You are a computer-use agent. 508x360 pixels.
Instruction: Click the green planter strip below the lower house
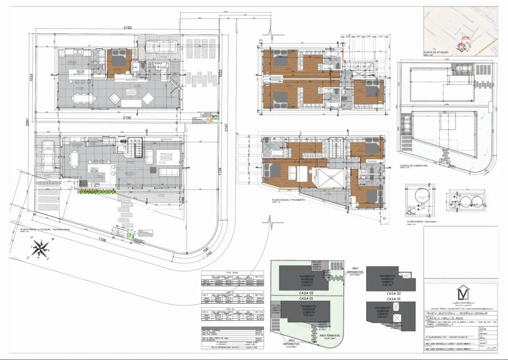point(96,191)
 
